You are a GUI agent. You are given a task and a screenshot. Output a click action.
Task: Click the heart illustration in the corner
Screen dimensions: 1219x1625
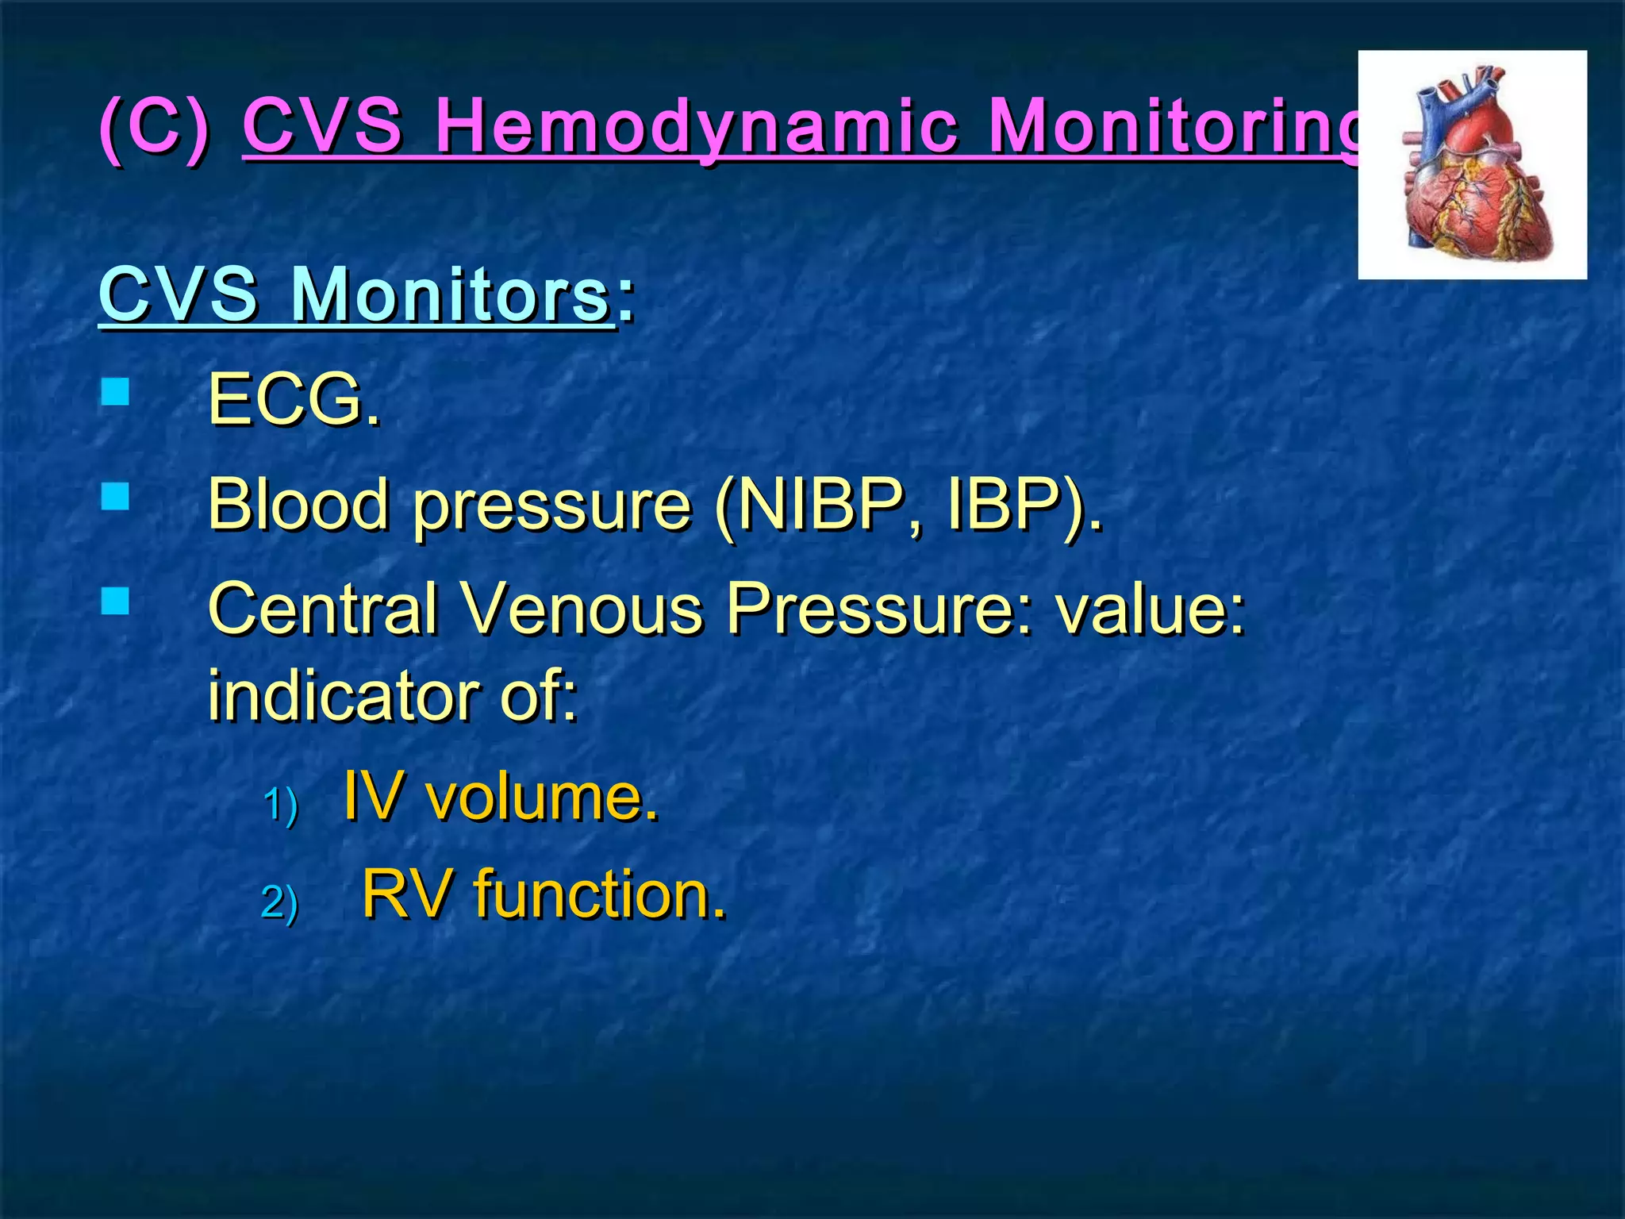[x=1472, y=165]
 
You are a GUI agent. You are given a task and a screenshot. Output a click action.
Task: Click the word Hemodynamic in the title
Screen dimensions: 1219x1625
[x=697, y=127]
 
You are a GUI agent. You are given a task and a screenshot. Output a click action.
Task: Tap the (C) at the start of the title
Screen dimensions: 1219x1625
[x=156, y=127]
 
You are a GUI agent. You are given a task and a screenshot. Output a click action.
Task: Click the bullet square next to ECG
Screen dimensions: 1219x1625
[x=116, y=392]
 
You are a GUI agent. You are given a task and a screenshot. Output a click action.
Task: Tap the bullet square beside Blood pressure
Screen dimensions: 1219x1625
[x=116, y=497]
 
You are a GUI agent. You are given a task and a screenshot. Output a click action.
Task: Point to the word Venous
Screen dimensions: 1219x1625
[x=582, y=609]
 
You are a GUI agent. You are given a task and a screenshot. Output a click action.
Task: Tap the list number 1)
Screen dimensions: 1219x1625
[x=280, y=804]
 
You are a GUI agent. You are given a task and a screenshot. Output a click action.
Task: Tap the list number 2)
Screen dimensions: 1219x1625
[x=280, y=902]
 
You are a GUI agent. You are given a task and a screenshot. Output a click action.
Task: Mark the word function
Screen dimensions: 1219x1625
[x=599, y=894]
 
